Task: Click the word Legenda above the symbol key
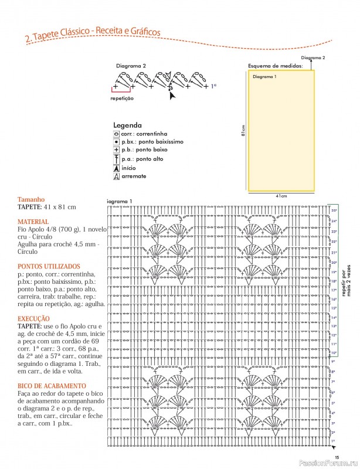point(127,125)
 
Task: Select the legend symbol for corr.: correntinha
point(116,134)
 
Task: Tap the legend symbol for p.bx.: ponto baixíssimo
point(116,142)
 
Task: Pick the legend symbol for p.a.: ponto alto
point(116,159)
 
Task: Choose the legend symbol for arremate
point(116,176)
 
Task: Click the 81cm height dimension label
point(243,130)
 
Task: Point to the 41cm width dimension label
point(281,196)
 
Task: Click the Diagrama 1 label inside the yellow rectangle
point(264,77)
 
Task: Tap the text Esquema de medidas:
point(275,66)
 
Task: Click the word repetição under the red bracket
point(122,98)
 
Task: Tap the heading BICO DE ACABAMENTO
point(52,385)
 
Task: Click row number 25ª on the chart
point(334,210)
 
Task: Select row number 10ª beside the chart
point(334,353)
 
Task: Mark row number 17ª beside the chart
point(334,290)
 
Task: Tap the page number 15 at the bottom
point(337,458)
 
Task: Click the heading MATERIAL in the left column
point(34,222)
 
